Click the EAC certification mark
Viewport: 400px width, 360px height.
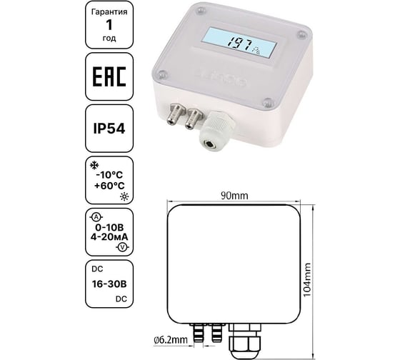[109, 76]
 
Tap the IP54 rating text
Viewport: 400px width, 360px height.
[109, 129]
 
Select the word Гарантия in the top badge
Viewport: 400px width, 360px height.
[109, 12]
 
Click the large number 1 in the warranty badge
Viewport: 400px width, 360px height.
[109, 25]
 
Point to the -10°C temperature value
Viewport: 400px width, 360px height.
[109, 175]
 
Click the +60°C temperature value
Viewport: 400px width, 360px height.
[109, 186]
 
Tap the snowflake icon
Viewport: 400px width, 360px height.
[94, 166]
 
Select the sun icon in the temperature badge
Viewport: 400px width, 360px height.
[124, 196]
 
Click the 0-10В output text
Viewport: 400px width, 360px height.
[109, 227]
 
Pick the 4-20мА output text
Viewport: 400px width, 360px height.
[109, 237]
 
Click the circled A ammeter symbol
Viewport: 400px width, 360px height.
[96, 217]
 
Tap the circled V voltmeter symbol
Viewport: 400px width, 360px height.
[122, 247]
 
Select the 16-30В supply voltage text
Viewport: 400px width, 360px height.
[109, 284]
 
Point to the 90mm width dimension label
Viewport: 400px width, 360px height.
[234, 196]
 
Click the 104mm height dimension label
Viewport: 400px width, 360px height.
[308, 280]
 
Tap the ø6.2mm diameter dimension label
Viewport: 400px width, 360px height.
[171, 340]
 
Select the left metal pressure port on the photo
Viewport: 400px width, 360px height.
[175, 114]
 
